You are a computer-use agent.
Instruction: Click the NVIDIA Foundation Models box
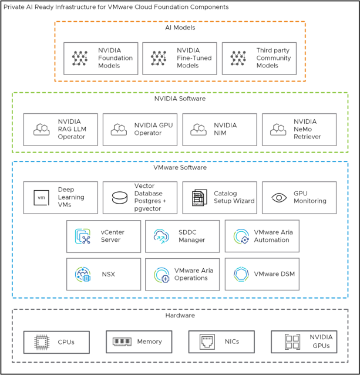coord(100,58)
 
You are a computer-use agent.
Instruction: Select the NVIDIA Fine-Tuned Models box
coord(179,58)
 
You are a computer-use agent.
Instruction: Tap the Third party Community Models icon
coord(238,58)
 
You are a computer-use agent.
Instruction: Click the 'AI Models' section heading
coord(180,28)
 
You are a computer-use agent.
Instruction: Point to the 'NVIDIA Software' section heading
coord(180,99)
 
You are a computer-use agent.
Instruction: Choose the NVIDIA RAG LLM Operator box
coord(60,130)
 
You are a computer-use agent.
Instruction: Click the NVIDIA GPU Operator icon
coord(119,130)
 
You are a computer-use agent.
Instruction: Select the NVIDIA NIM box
coord(219,130)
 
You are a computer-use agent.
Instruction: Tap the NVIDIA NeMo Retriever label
coord(309,130)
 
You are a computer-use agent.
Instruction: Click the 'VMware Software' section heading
coord(180,168)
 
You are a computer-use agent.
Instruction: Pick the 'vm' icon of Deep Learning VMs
coord(41,198)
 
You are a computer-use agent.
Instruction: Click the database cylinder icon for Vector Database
coord(119,198)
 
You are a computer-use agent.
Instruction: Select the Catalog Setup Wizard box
coord(219,198)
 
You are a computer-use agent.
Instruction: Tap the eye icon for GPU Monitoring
coord(278,198)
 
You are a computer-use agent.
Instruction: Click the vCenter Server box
coord(103,237)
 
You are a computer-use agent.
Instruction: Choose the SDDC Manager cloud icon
coord(161,237)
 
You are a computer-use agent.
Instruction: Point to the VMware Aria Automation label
coord(273,237)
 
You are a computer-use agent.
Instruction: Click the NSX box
coord(103,274)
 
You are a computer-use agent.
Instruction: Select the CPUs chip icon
coord(41,342)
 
